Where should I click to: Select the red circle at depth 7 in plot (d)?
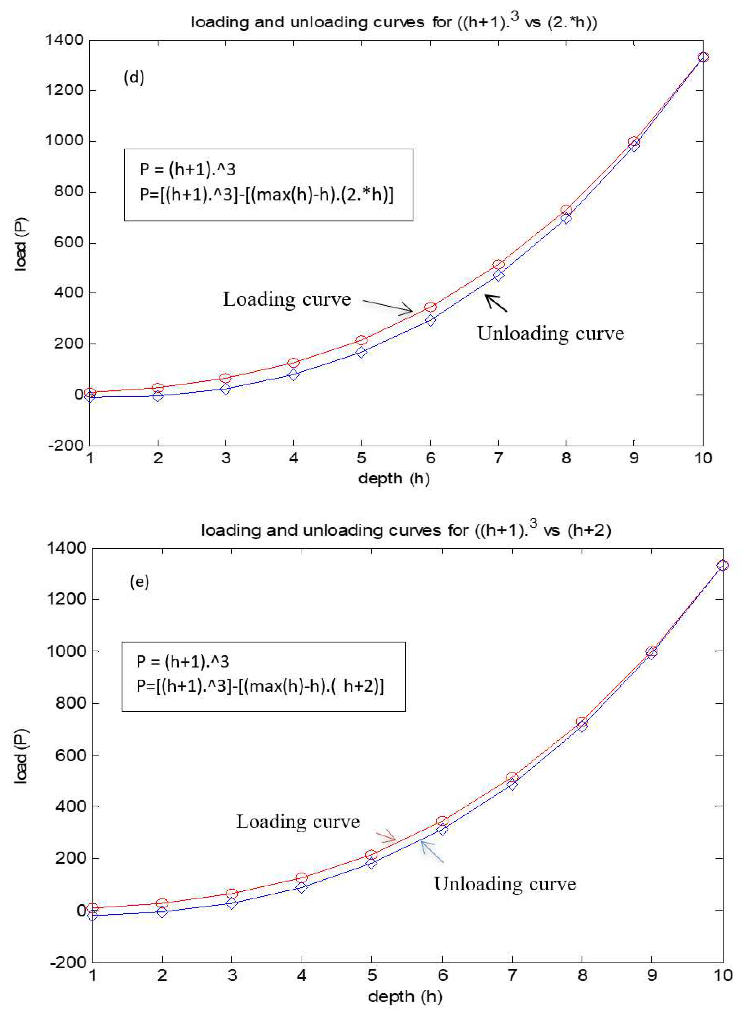[498, 264]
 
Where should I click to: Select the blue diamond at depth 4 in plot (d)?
[294, 375]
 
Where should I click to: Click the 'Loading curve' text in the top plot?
[287, 299]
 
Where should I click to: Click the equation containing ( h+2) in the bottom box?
[260, 686]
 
